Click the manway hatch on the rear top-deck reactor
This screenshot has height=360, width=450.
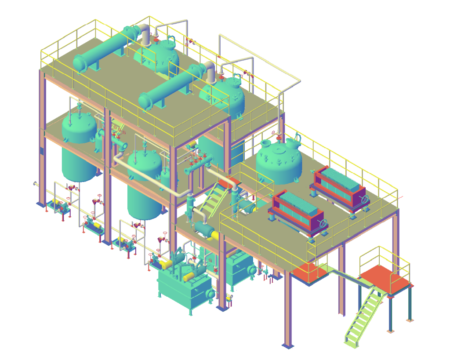click(170, 43)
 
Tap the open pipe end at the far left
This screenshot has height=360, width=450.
click(35, 183)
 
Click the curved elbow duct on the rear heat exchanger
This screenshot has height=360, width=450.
click(145, 34)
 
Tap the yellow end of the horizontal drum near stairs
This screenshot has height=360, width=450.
click(215, 236)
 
